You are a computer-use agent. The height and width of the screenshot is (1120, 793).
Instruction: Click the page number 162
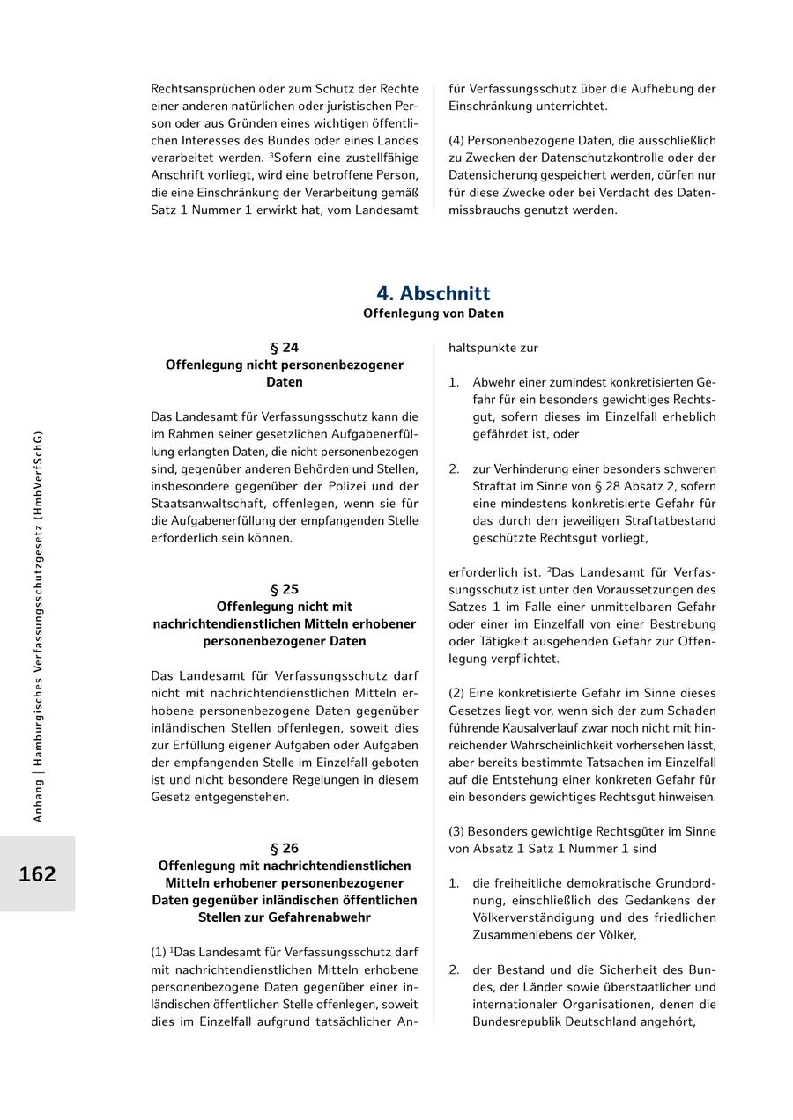[x=37, y=874]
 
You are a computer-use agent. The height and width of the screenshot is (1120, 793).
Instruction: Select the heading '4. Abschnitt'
[x=434, y=293]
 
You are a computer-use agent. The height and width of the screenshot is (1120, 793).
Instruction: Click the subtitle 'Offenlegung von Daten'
[x=434, y=313]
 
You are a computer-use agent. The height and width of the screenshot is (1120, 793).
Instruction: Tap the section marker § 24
[x=285, y=348]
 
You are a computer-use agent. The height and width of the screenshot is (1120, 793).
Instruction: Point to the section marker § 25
[x=285, y=589]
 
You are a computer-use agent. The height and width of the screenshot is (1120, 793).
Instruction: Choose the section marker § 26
[x=285, y=848]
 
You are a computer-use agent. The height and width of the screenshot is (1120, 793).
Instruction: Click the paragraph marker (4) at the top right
[x=456, y=141]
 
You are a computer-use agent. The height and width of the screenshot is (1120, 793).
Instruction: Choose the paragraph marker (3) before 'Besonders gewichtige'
[x=456, y=831]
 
